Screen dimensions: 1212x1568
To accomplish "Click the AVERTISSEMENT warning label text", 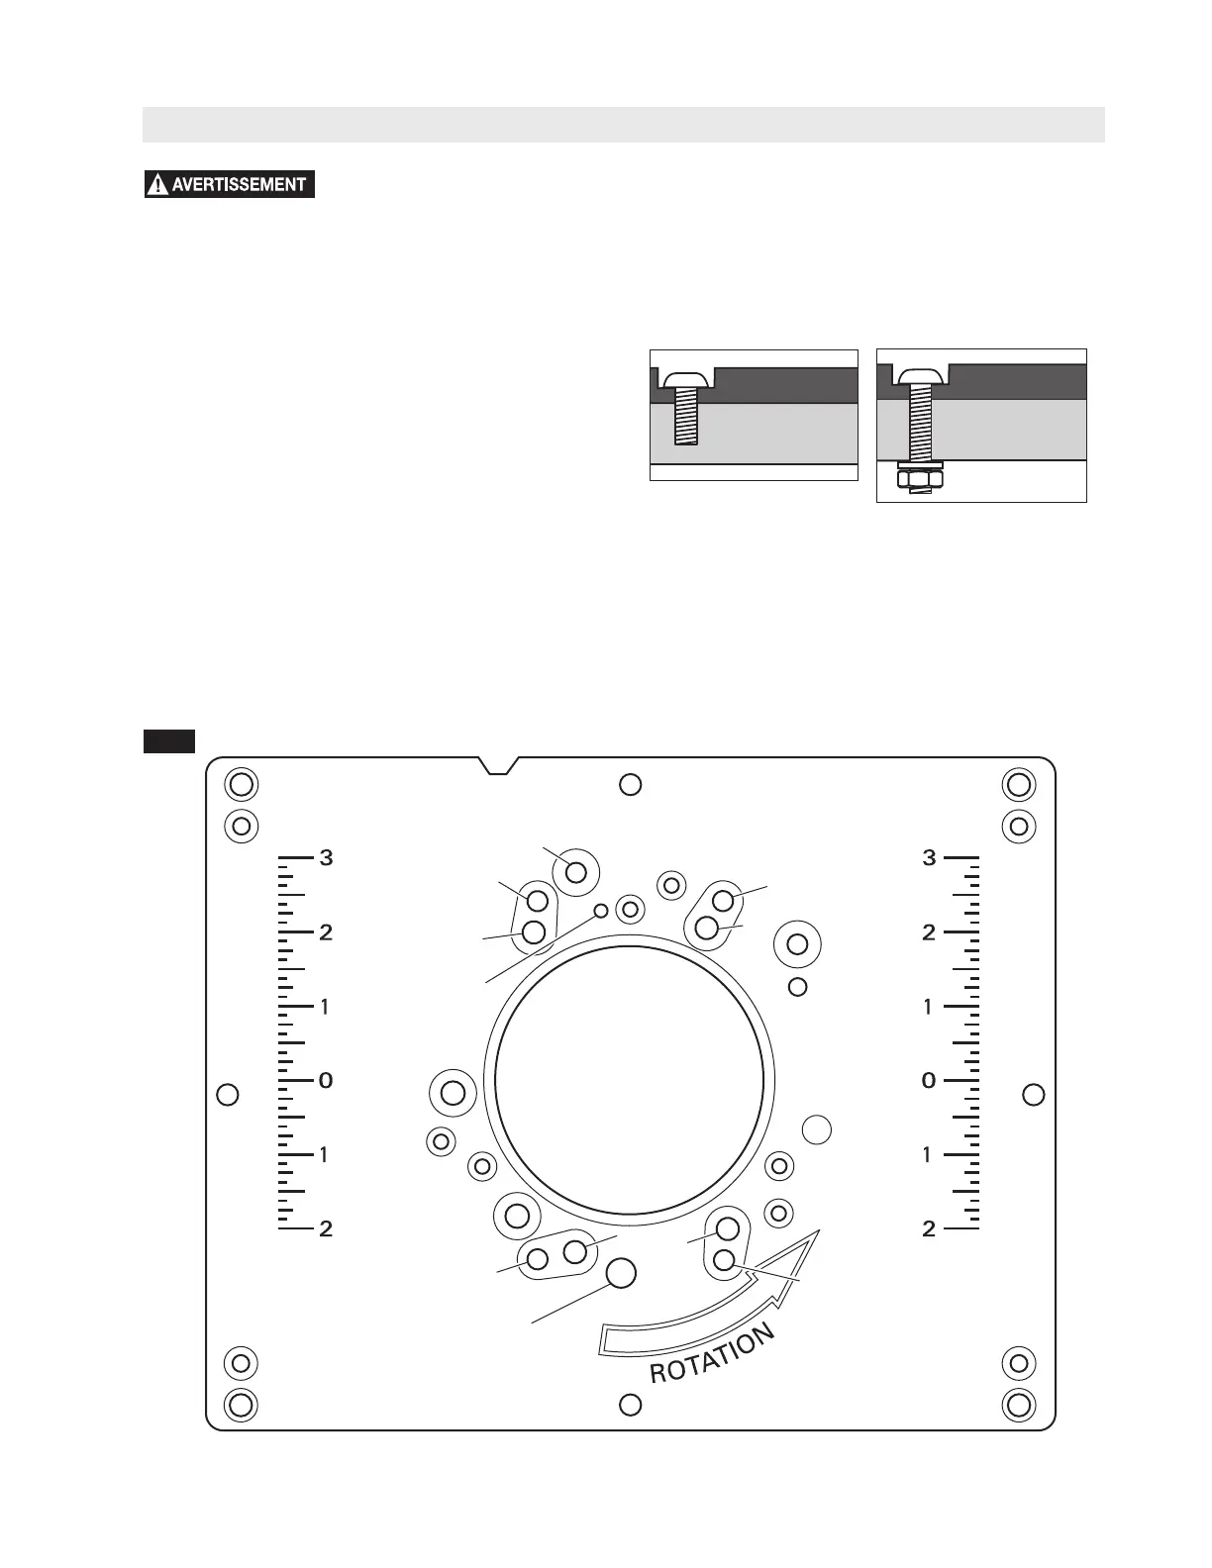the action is pyautogui.click(x=239, y=185).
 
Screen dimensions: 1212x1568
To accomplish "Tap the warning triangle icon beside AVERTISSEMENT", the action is pyautogui.click(x=156, y=185).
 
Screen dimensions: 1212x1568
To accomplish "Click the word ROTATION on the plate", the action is pyautogui.click(x=713, y=1354).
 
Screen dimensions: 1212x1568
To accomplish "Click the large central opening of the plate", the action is pyautogui.click(x=629, y=1080).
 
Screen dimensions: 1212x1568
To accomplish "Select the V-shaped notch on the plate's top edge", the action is pyautogui.click(x=499, y=765).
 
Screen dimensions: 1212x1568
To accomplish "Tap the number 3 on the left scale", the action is pyautogui.click(x=327, y=858).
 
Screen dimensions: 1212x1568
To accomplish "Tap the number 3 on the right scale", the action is pyautogui.click(x=929, y=858).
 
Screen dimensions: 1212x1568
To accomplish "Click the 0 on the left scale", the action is pyautogui.click(x=326, y=1080).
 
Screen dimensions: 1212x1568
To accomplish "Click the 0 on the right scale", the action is pyautogui.click(x=929, y=1080).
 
